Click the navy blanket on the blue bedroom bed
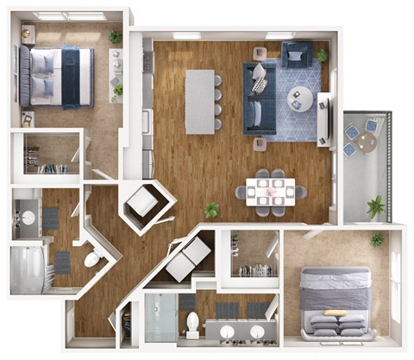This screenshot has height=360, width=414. [72, 76]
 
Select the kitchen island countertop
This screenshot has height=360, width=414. [199, 100]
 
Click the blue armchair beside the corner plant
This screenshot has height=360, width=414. [297, 54]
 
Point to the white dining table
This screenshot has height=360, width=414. [271, 192]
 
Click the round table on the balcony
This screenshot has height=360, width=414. [360, 136]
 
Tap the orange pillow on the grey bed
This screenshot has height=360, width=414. [335, 313]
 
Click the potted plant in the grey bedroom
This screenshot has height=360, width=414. [377, 238]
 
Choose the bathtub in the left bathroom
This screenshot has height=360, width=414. [28, 268]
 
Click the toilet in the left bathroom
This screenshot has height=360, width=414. [91, 258]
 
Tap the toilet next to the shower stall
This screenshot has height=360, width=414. [193, 323]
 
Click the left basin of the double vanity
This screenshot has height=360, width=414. [226, 332]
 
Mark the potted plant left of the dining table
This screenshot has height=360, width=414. [211, 210]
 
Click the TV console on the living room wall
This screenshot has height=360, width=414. [324, 117]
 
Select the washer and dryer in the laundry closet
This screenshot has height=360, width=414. [188, 257]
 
